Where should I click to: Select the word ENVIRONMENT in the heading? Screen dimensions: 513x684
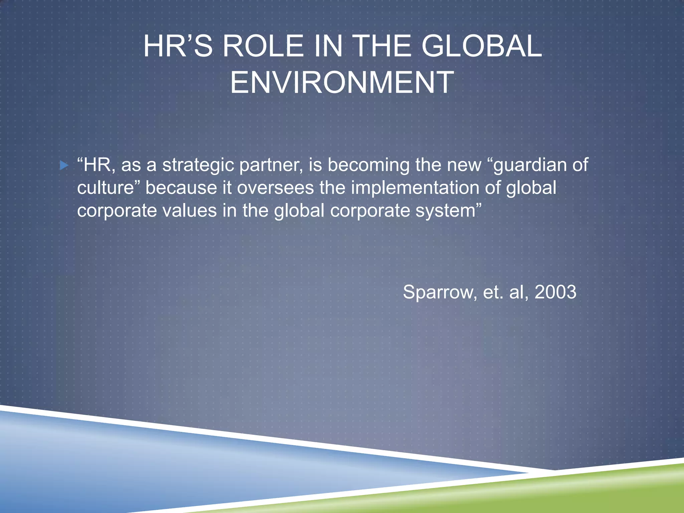click(x=342, y=82)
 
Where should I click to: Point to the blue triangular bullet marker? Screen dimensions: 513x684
click(x=63, y=165)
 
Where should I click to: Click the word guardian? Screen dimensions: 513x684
click(x=530, y=165)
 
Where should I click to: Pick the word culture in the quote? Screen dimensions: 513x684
click(x=106, y=188)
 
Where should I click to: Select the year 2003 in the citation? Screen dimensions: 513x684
click(x=555, y=292)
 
